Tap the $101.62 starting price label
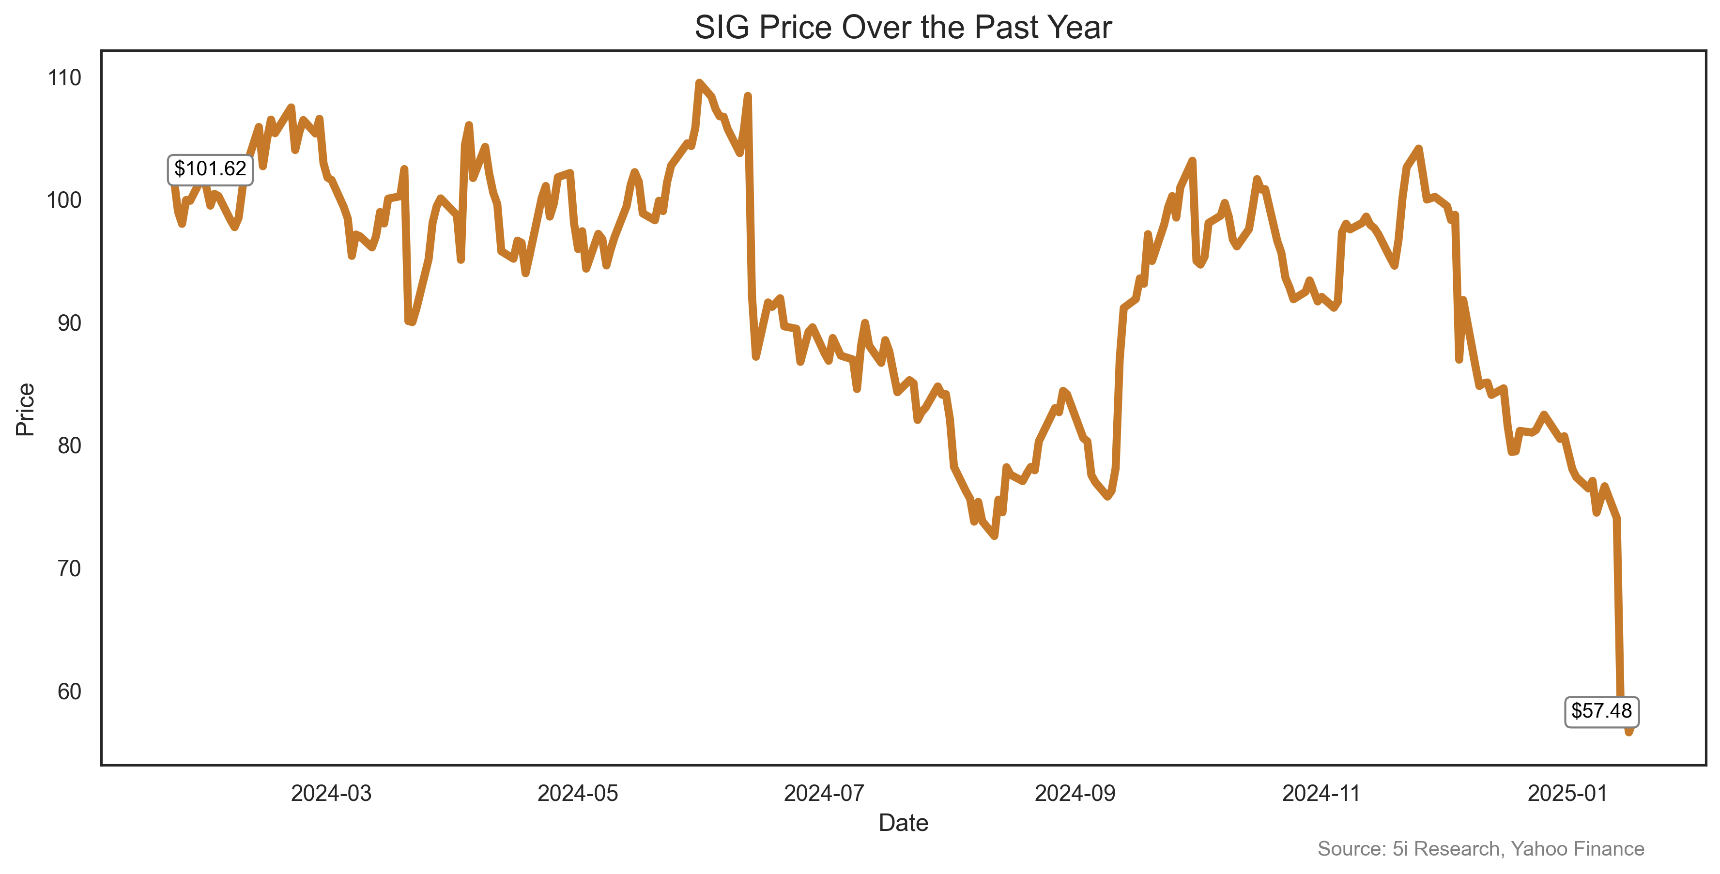[210, 169]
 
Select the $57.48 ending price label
[1601, 711]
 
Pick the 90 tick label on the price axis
[69, 323]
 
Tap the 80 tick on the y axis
[69, 445]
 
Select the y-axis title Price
[25, 409]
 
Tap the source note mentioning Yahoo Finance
[1480, 849]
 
